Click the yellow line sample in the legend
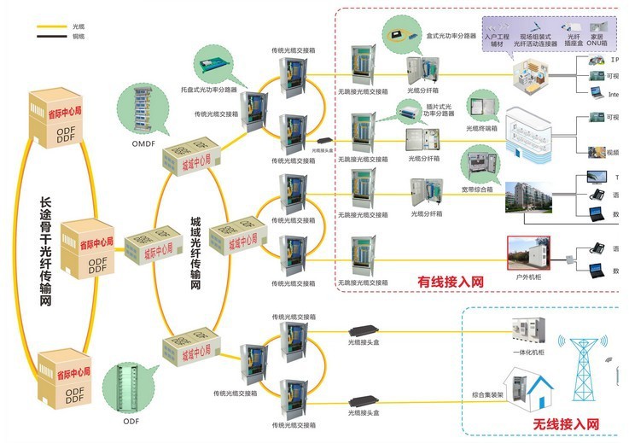52,26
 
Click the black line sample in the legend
52,37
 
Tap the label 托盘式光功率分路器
209,88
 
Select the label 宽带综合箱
479,189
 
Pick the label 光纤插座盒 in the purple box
574,40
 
